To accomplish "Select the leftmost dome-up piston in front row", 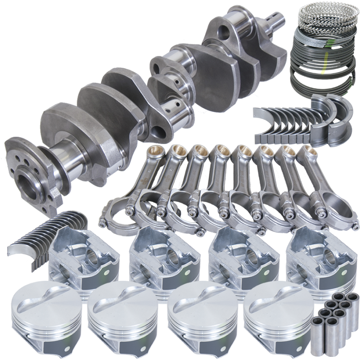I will pos(40,310).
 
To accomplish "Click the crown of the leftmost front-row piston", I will pos(40,299).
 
